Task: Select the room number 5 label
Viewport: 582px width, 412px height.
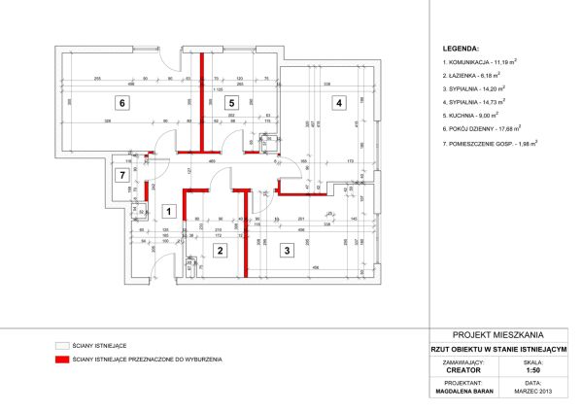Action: [230, 102]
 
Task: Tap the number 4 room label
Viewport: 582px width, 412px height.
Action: [338, 102]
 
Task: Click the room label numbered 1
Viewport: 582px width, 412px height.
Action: [167, 210]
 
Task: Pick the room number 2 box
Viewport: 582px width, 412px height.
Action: [221, 251]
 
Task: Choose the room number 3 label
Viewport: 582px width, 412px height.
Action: [287, 251]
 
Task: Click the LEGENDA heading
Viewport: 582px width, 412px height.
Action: [461, 47]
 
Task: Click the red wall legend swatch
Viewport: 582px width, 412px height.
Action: [64, 360]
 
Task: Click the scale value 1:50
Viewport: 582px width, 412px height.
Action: [533, 369]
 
